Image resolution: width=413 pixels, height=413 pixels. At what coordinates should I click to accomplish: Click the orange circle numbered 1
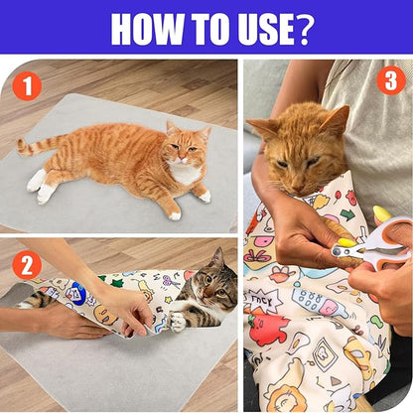[x=27, y=86]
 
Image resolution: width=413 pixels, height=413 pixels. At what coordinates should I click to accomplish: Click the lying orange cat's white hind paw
[x=38, y=181]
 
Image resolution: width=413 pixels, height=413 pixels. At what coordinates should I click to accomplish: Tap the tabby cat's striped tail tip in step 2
[x=30, y=297]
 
